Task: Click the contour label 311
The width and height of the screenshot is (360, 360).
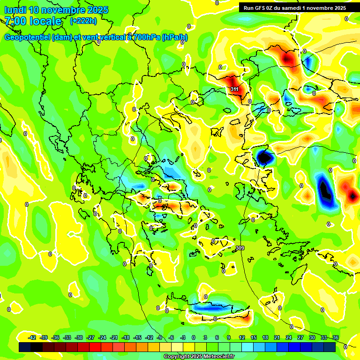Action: coord(235,89)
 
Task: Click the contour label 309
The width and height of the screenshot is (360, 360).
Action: coord(240,248)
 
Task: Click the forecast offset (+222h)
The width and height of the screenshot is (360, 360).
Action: coord(83,21)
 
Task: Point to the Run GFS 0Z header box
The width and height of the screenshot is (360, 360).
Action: coord(295,8)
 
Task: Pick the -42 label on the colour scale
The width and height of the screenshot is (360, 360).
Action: coord(32,337)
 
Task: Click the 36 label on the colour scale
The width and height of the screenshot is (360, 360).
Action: coord(335,337)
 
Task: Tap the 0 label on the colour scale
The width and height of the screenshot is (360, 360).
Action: coord(194,337)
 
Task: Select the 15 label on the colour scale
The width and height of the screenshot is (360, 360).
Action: coord(253,337)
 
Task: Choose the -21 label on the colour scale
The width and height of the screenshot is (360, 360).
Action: coord(114,337)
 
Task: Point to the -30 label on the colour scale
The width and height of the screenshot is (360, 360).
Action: coord(79,337)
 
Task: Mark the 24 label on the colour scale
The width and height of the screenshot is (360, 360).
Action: coord(288,337)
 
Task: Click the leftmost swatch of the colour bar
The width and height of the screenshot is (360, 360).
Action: coord(25,347)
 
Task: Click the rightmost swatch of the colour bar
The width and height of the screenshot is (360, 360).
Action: coord(330,347)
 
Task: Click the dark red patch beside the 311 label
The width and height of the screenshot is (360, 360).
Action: coord(229,81)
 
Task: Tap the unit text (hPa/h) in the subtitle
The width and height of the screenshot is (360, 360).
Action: coord(175,37)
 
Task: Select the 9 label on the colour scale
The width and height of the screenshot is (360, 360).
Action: coord(229,337)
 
